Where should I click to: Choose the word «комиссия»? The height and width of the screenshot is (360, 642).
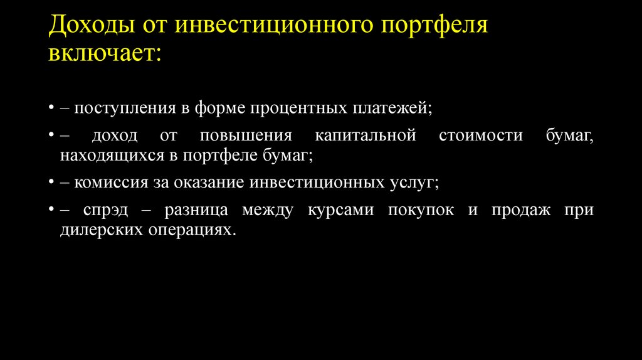pos(106,183)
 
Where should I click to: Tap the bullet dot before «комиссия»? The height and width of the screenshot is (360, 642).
pos(50,183)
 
